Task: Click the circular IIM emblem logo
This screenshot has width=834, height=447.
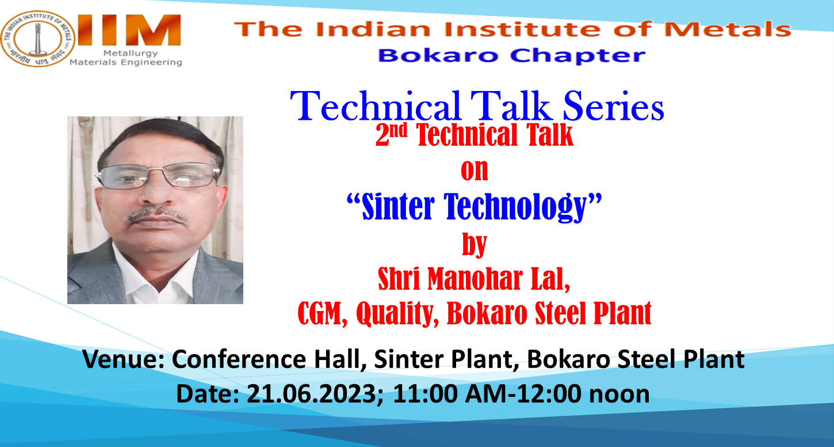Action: [37, 39]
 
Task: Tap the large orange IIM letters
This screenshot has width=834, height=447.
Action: [129, 30]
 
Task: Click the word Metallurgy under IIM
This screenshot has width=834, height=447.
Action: [131, 54]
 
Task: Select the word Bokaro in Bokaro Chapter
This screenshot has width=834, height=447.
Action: [438, 56]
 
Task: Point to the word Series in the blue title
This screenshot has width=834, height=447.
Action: [614, 107]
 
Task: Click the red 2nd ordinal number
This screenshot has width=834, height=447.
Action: [391, 134]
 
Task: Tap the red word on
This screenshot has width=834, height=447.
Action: [475, 171]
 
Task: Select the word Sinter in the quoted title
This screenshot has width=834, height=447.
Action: [398, 207]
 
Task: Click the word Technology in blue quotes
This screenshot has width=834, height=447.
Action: [515, 207]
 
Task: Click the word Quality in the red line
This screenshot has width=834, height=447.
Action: [397, 315]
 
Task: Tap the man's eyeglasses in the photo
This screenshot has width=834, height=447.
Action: [158, 176]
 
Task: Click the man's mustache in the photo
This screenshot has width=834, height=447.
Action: [158, 214]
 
